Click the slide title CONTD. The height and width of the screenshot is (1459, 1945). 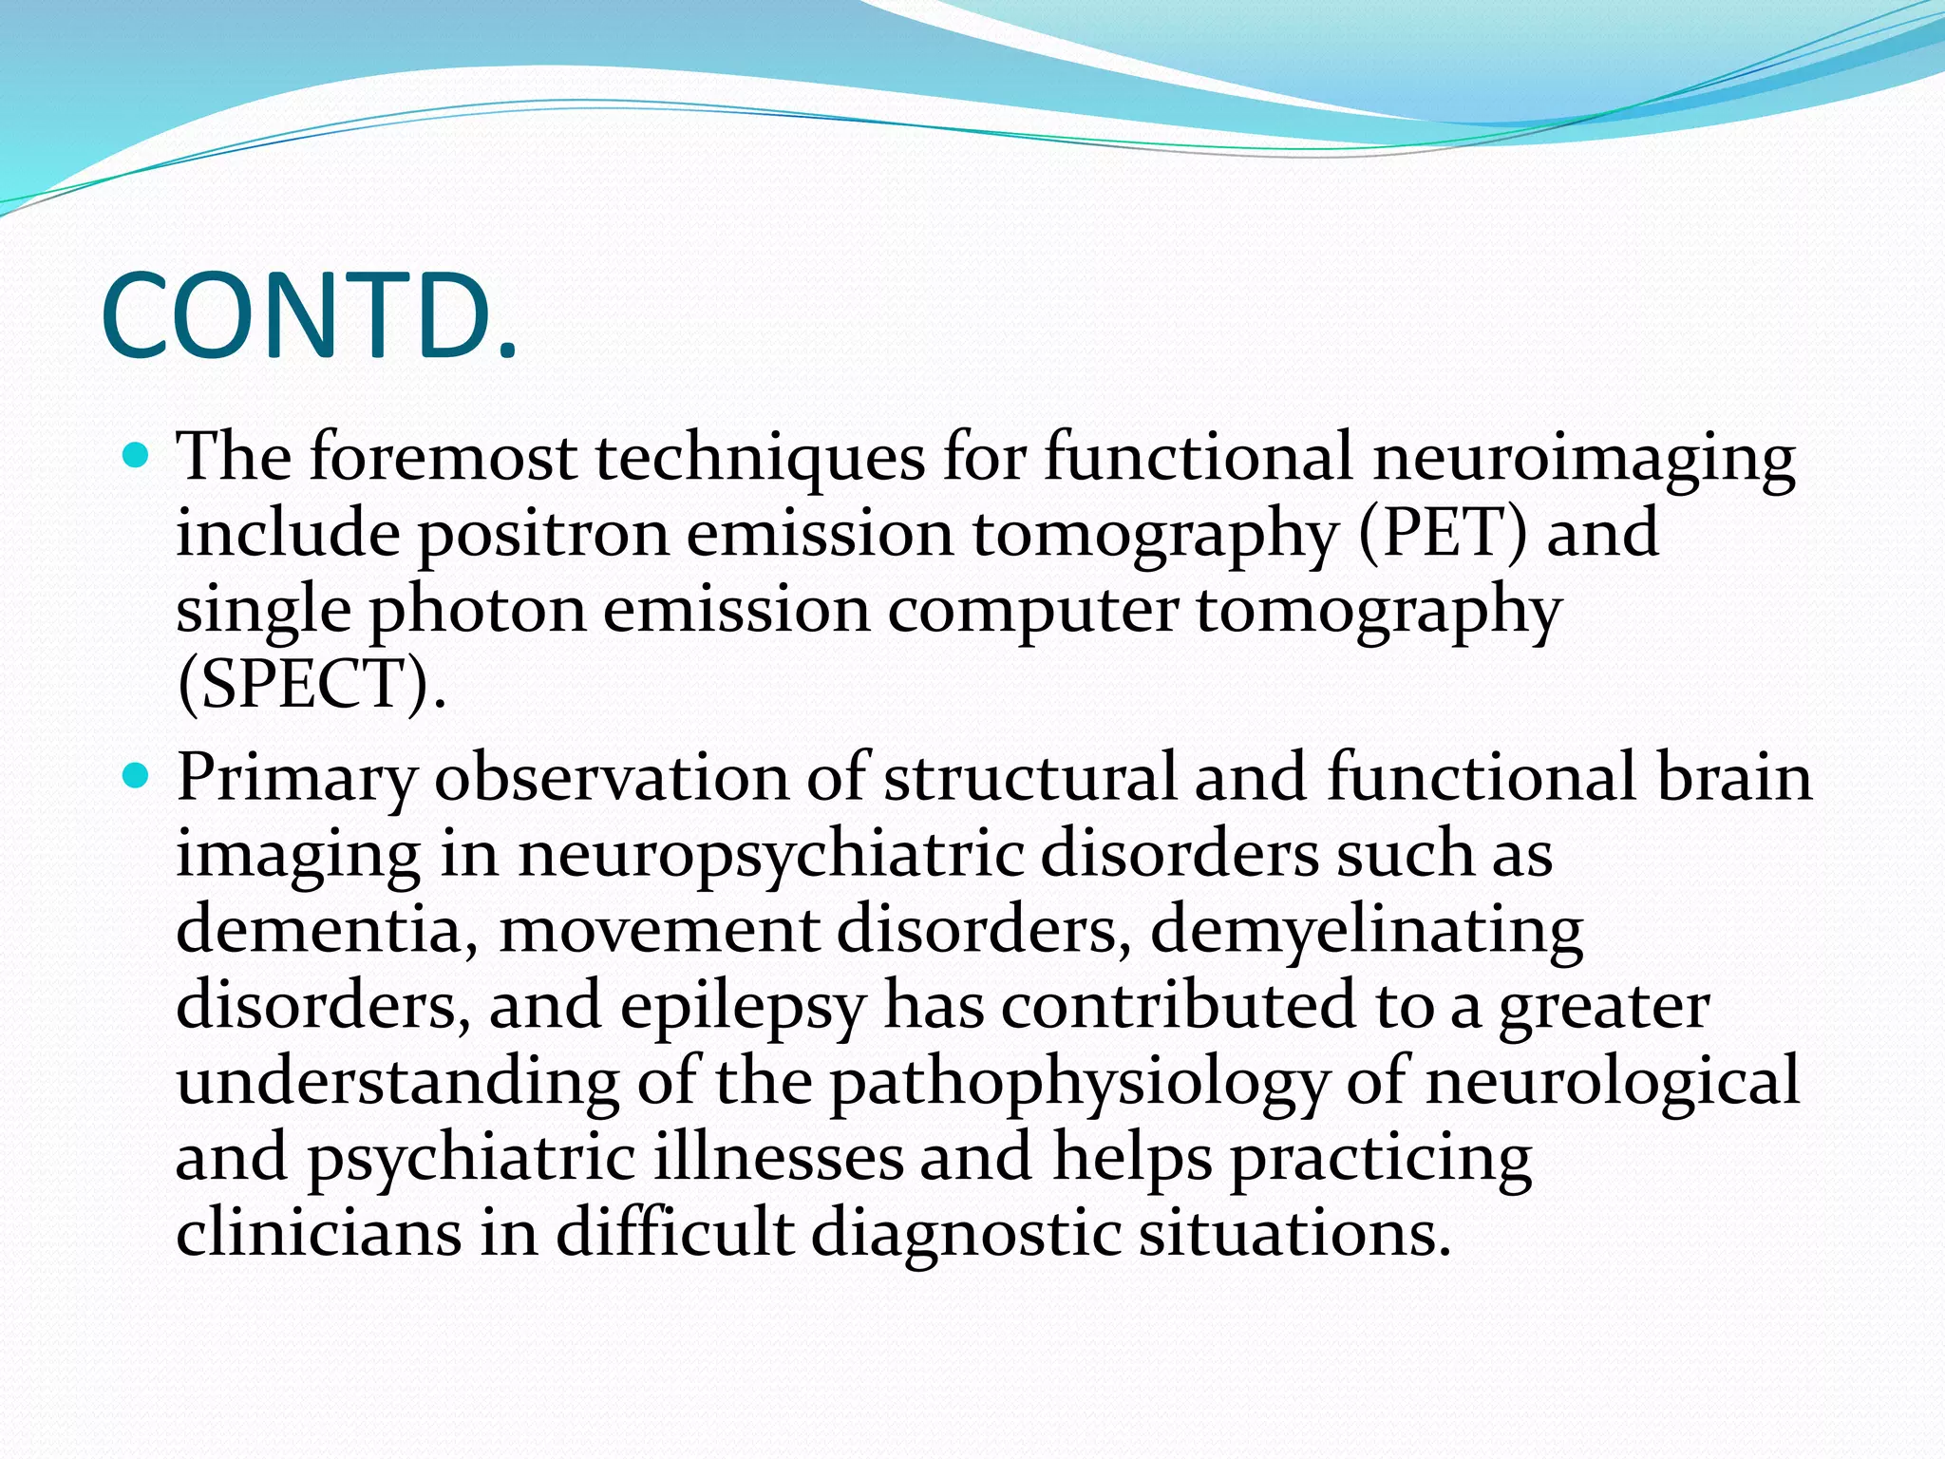pyautogui.click(x=310, y=316)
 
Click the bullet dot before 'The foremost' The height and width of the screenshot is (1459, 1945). pyautogui.click(x=138, y=458)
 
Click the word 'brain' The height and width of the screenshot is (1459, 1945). pyautogui.click(x=1734, y=778)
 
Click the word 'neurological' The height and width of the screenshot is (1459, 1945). pyautogui.click(x=1612, y=1082)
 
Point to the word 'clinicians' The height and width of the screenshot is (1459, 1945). pyautogui.click(x=319, y=1233)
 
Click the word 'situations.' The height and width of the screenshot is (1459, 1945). pyautogui.click(x=1295, y=1233)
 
